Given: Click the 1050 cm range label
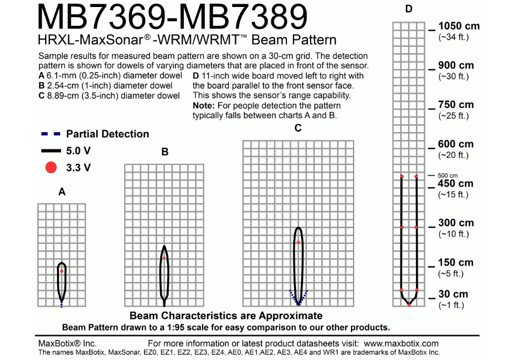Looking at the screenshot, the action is [x=458, y=26].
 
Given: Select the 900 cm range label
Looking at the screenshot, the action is [x=456, y=65].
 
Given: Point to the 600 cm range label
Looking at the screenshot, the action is [x=455, y=144].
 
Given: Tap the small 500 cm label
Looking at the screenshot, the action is [x=448, y=175].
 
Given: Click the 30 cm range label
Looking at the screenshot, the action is [x=453, y=294].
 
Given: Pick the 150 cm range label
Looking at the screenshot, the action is [x=455, y=262].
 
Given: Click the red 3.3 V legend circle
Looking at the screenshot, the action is [x=51, y=168].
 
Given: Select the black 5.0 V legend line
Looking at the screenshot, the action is [x=51, y=150].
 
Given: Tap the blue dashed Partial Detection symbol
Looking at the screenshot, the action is [x=51, y=134].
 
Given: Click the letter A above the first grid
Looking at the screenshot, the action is [x=62, y=192].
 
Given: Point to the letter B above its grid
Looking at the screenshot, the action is [x=165, y=152].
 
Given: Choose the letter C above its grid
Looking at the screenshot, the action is [x=298, y=128].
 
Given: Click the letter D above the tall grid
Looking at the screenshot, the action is [x=408, y=9].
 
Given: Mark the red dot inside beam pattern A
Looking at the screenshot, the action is [x=61, y=271].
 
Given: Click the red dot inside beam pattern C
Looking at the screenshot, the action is [x=298, y=242].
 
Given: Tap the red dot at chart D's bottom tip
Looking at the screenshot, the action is [x=409, y=305].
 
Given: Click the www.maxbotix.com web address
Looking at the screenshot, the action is [x=401, y=343].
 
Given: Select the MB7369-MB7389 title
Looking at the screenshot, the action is [x=173, y=17].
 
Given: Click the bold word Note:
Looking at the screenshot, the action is [x=204, y=106].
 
